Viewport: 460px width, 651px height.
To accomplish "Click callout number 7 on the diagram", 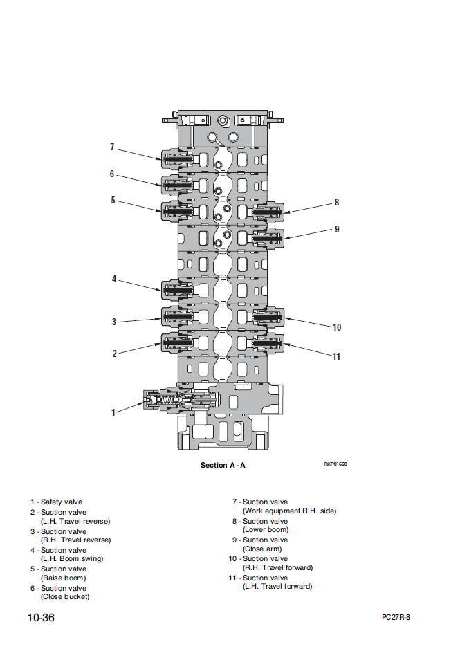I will [x=112, y=147].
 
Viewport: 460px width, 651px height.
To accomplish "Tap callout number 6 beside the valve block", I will [x=112, y=174].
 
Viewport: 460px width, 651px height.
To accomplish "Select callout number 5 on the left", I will [x=113, y=201].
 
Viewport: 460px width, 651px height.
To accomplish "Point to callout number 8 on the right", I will [x=337, y=203].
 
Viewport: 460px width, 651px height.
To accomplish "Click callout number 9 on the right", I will [x=337, y=229].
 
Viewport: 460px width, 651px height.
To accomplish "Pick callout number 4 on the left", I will [x=114, y=279].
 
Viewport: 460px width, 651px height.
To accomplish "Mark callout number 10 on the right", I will [x=337, y=327].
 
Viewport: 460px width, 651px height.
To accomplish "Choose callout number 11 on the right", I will [x=337, y=356].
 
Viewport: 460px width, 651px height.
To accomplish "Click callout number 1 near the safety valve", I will [x=113, y=413].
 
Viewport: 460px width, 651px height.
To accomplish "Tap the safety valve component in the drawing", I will [x=180, y=400].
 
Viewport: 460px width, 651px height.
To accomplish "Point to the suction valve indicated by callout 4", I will [x=178, y=289].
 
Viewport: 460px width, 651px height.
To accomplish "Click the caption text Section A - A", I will [x=223, y=465].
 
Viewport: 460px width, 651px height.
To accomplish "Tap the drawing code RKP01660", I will [x=335, y=464].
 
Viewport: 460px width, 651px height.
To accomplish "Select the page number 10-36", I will [x=41, y=618].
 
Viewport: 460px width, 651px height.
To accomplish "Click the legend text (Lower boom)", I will [x=266, y=530].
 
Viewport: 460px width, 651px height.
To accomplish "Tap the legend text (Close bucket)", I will [x=65, y=596].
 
